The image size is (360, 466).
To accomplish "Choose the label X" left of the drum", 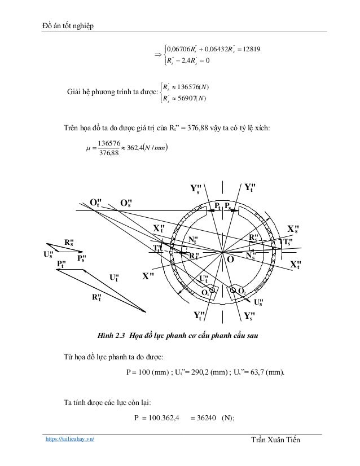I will (148, 276).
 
